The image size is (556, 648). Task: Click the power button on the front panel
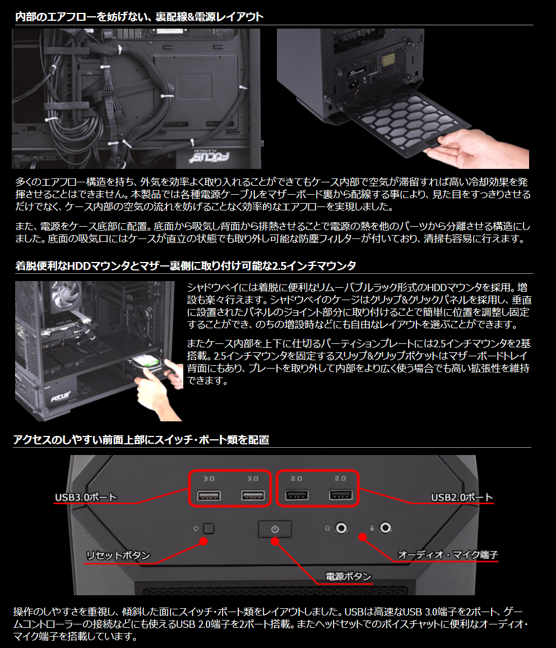point(275,529)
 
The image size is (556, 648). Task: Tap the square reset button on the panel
point(209,528)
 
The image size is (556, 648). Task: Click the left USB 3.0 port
point(208,495)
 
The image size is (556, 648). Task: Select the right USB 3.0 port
point(253,495)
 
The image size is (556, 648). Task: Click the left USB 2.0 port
point(297,495)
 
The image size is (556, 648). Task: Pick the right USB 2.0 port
point(341,495)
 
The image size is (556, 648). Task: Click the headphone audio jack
point(341,528)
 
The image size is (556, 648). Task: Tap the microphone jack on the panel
point(385,528)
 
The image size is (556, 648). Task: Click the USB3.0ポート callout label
point(86,497)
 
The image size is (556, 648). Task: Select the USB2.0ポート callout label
point(462,497)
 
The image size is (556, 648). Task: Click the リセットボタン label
point(118,555)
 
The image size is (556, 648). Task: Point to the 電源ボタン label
point(349,576)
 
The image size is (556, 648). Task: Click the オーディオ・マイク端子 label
point(447,555)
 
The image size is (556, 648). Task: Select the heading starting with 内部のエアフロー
point(139,16)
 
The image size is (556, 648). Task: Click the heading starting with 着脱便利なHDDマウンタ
point(186,265)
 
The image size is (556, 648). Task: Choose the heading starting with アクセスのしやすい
point(141,439)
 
